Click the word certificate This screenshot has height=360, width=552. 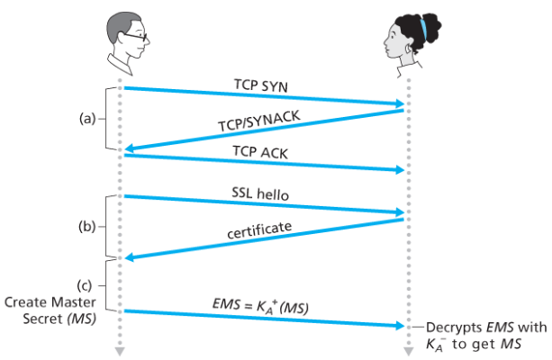(259, 230)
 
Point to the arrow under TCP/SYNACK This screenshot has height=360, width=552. (261, 130)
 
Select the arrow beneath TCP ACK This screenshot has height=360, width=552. (261, 163)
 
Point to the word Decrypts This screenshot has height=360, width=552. (452, 327)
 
